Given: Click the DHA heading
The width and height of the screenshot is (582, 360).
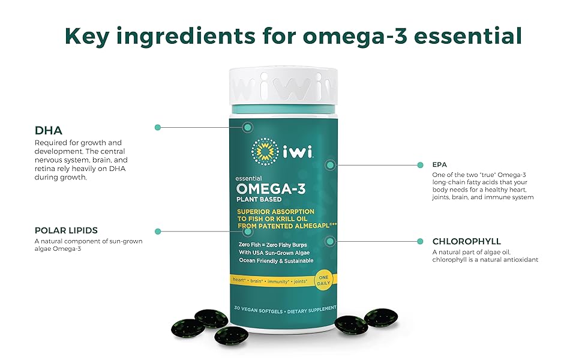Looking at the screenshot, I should point(49,130).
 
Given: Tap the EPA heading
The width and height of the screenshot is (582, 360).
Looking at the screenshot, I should point(440,164).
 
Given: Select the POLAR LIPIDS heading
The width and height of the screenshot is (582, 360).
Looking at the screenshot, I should point(67,230).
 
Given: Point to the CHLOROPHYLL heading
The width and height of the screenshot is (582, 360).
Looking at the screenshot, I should point(467,241).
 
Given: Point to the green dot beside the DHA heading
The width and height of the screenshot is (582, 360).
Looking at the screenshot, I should point(158,127).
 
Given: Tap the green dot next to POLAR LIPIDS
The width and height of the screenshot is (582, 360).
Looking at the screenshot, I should point(158,231).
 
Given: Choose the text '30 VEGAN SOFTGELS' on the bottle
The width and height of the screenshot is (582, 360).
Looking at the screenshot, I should point(253,311).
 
